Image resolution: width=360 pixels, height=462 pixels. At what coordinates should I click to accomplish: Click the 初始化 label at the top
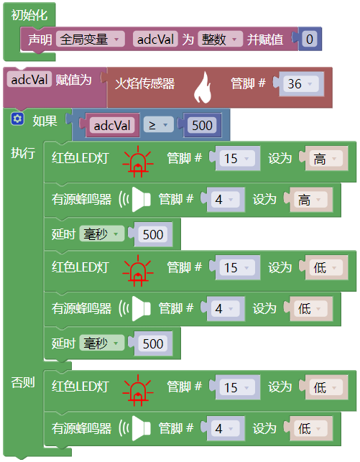tap(29, 15)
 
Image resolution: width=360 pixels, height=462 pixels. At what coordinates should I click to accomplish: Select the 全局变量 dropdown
tap(90, 40)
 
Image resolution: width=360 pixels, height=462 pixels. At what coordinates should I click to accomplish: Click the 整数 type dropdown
tap(220, 40)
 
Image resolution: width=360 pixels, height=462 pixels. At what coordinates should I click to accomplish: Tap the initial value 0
tap(309, 40)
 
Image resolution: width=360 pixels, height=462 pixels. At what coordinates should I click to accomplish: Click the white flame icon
tap(203, 88)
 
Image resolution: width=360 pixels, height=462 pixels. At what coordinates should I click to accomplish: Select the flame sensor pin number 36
tap(301, 84)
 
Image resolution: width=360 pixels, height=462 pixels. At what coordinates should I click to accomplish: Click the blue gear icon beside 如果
tap(17, 119)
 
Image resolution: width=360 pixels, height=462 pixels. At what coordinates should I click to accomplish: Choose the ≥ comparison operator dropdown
tap(158, 125)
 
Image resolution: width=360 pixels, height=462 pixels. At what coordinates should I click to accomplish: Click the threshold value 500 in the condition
tap(202, 126)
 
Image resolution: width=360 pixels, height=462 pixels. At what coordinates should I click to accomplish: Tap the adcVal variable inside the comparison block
tap(112, 126)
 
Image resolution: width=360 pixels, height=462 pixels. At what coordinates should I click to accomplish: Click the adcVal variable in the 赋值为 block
tap(29, 79)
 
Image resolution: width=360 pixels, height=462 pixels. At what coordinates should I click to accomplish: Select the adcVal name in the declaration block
tap(155, 40)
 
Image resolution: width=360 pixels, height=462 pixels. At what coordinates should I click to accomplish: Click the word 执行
tap(23, 153)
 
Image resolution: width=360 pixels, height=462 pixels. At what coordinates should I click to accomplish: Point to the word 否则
tap(23, 382)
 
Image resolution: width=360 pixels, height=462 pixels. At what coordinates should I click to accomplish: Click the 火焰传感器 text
tap(145, 84)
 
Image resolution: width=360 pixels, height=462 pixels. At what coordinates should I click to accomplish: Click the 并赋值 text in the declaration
tap(265, 40)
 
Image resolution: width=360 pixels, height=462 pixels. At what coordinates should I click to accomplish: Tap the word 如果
tap(45, 121)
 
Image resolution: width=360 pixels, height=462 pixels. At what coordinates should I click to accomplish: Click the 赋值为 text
tap(73, 80)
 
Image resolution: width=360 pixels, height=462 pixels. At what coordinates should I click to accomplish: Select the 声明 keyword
tap(40, 40)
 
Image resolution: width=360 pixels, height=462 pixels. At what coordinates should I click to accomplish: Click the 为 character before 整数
tap(188, 40)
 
